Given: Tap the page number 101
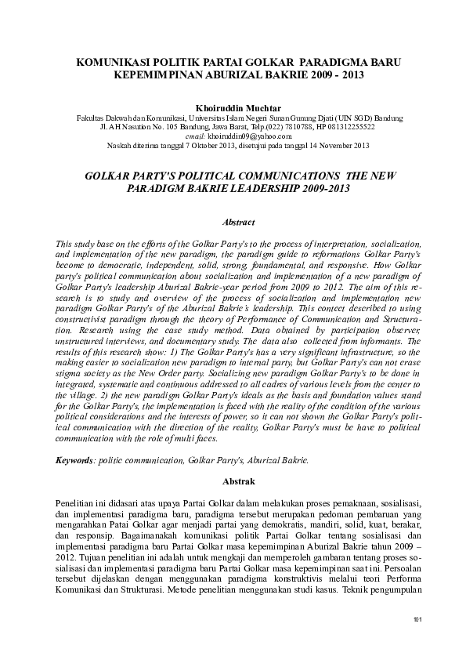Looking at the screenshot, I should [417, 621].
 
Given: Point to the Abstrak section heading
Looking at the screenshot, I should [233, 480].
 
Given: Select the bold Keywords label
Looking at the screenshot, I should [74, 460].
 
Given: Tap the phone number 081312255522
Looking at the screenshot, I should [349, 125].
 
